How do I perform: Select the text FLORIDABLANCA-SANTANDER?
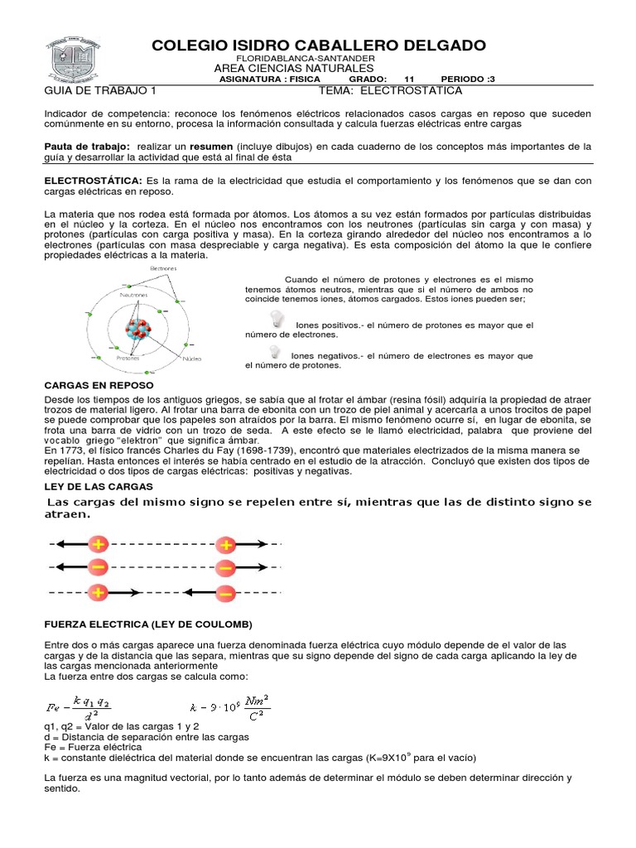(306, 59)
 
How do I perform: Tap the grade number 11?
(408, 79)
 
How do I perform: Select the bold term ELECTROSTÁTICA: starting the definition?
(94, 181)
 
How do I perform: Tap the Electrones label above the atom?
(164, 268)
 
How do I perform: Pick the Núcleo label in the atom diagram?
(192, 359)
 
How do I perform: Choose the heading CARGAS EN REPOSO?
(98, 385)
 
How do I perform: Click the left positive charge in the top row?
(99, 545)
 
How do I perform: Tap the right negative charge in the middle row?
(225, 568)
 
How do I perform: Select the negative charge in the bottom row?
(225, 593)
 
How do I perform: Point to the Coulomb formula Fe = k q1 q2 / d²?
(79, 706)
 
